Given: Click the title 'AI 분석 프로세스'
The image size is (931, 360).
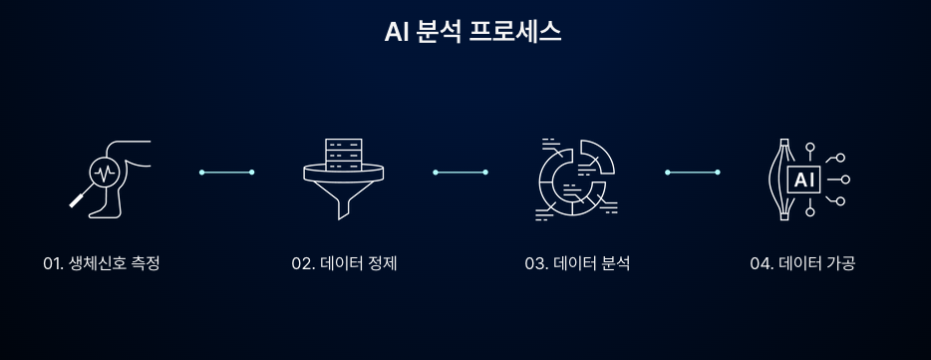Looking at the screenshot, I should (x=472, y=31).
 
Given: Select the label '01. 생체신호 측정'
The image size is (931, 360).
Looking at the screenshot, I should (x=102, y=263).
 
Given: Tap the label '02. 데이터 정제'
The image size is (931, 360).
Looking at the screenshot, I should (x=344, y=263).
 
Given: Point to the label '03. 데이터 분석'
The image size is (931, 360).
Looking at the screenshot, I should (x=577, y=263).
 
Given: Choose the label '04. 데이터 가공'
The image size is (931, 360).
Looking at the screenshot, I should (x=802, y=263).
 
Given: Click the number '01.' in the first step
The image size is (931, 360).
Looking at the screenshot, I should (x=54, y=263).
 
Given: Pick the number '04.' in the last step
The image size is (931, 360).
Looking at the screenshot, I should (x=763, y=263).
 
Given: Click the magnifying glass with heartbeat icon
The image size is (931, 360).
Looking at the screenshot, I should (x=103, y=173).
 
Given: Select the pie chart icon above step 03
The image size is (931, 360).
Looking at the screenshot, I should (x=576, y=178).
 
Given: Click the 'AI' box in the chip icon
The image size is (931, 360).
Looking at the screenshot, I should (x=803, y=180).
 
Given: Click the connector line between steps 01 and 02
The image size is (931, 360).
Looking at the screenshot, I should (x=227, y=173).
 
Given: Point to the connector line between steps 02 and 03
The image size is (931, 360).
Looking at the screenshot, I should (x=460, y=173).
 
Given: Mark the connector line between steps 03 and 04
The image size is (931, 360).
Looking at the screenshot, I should (x=692, y=173).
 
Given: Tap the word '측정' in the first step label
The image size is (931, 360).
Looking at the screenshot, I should (x=145, y=263).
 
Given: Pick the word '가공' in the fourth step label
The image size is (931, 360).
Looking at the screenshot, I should (x=840, y=263).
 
